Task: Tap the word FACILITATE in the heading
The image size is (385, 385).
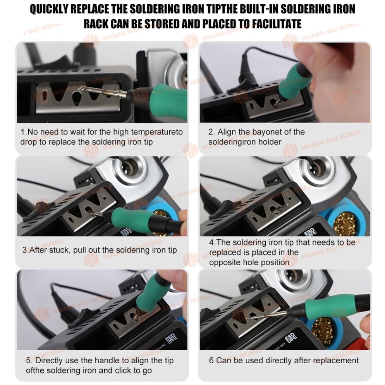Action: (x=277, y=24)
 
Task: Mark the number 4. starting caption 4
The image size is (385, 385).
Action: (x=212, y=242)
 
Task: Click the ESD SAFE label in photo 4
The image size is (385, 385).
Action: (x=310, y=232)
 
